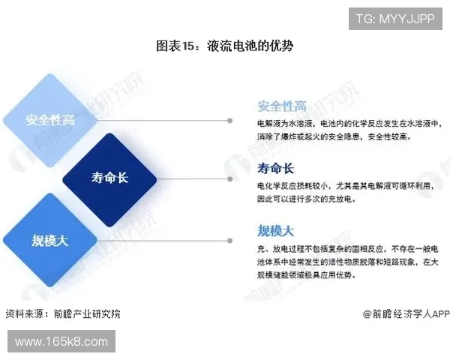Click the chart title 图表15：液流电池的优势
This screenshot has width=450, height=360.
(224, 46)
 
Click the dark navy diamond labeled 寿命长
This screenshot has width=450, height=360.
(110, 178)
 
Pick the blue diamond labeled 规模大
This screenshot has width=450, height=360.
(49, 240)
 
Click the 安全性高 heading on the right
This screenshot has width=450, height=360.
(281, 106)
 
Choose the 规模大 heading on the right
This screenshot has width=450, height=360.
(275, 229)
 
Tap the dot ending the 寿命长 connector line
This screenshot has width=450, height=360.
(229, 178)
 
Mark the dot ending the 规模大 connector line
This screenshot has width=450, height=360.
(229, 240)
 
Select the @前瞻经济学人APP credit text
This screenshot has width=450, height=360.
(406, 313)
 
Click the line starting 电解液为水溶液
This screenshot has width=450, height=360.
(349, 123)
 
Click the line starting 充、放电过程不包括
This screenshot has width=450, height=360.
(349, 247)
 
